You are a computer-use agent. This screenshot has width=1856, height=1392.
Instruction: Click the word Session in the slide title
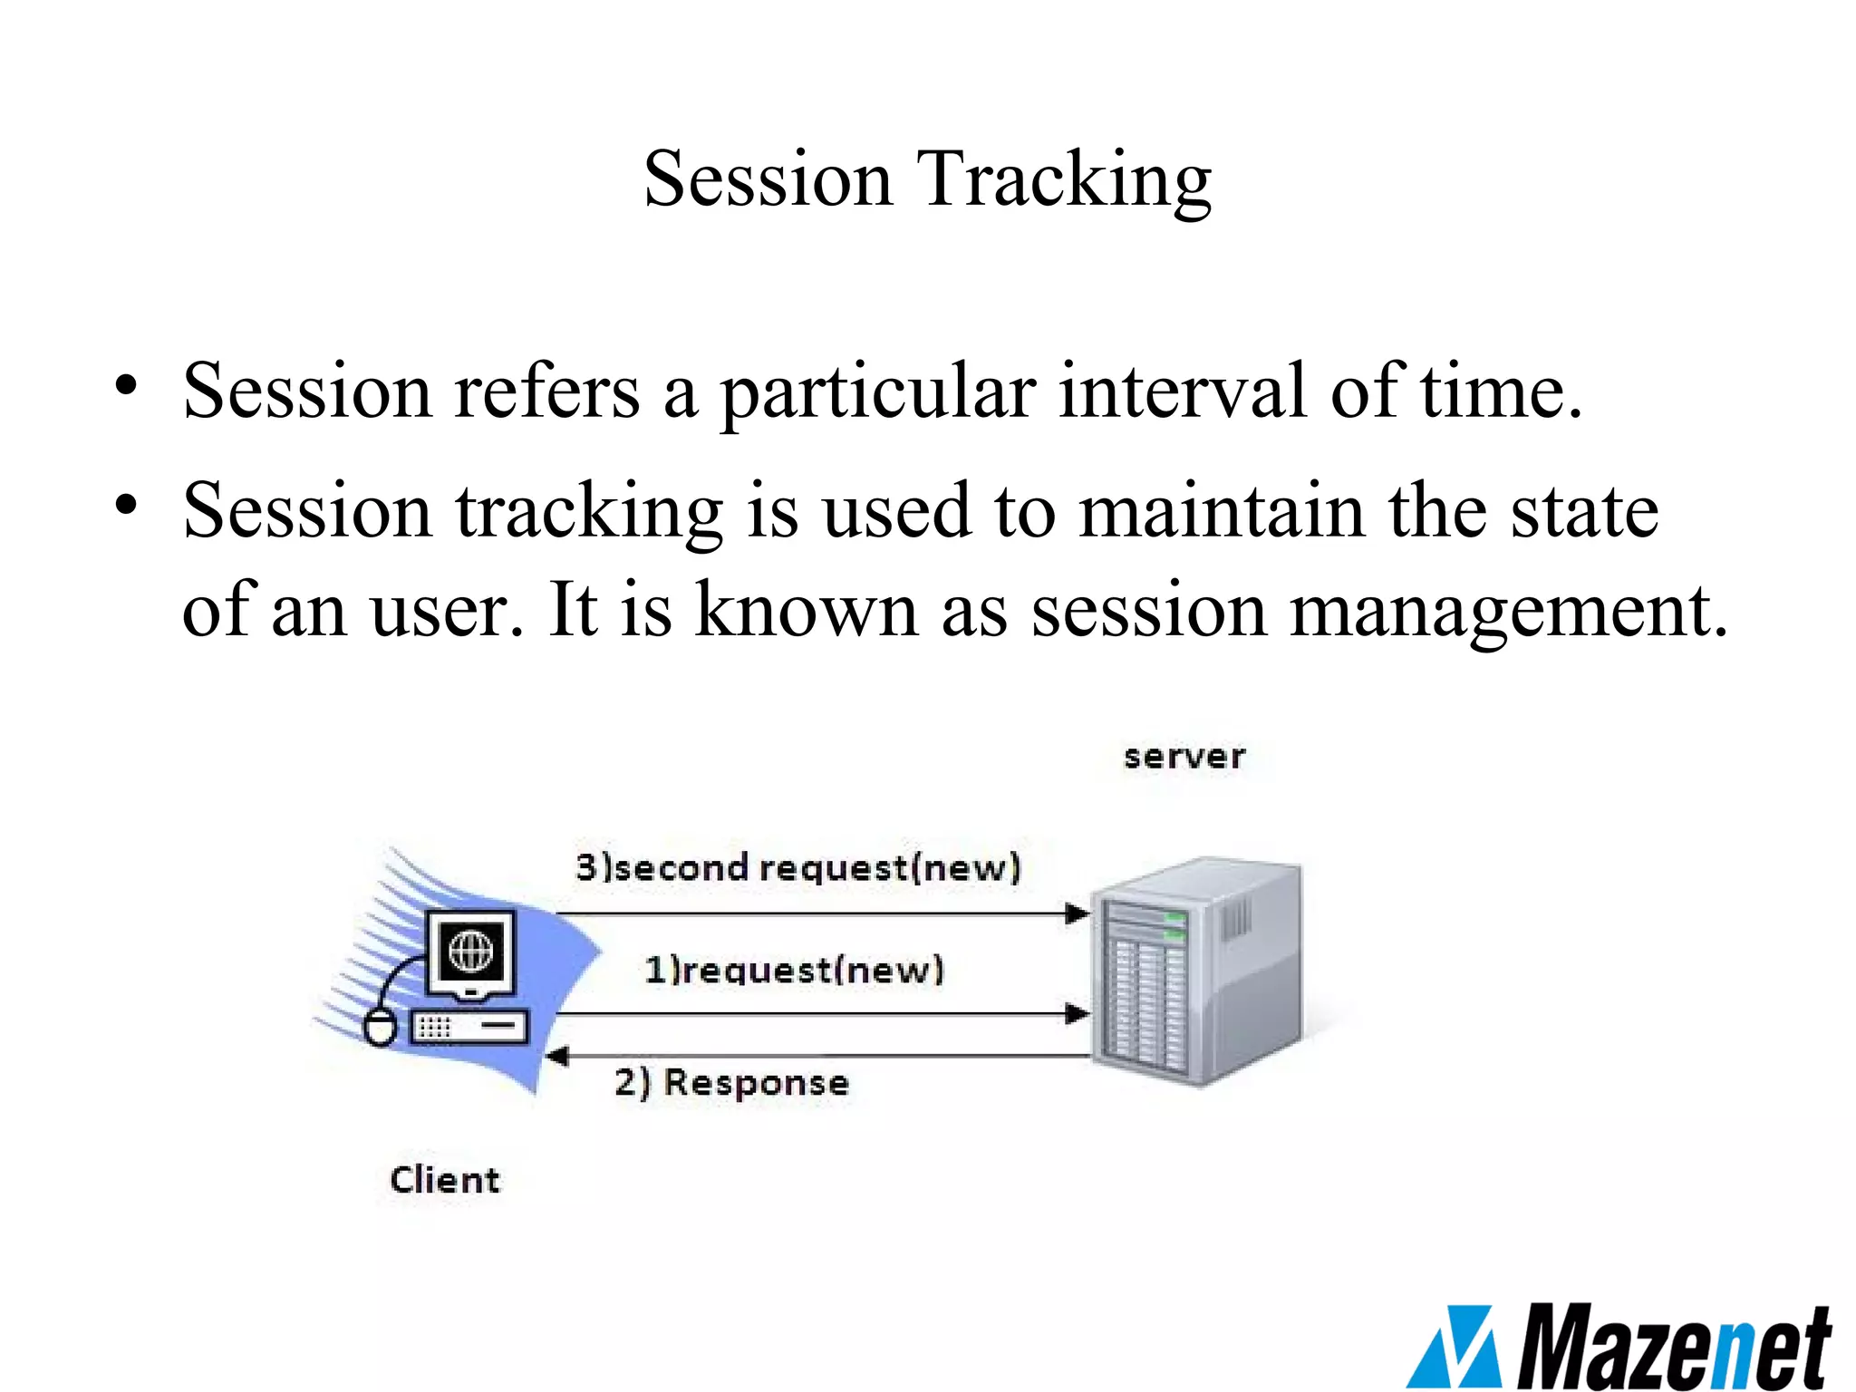tap(768, 179)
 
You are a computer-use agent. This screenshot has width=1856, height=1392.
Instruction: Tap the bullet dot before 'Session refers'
tap(126, 385)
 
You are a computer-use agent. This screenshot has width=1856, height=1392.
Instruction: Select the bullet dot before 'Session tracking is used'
tap(126, 505)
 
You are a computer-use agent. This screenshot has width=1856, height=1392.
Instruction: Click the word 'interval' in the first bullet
tap(1183, 391)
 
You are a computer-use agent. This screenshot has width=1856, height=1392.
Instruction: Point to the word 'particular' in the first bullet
tap(877, 393)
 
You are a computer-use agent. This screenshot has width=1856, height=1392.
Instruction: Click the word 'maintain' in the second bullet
tap(1222, 511)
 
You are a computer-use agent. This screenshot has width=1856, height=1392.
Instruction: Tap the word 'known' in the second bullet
tap(807, 611)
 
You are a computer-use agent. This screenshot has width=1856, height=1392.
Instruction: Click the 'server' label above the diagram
tap(1184, 757)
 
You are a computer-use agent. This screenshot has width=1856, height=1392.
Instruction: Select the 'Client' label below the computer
tap(444, 1180)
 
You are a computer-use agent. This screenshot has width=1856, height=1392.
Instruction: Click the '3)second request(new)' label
tap(798, 867)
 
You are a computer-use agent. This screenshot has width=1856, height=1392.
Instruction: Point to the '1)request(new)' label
tap(794, 970)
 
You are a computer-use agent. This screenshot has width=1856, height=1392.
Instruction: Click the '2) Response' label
tap(731, 1082)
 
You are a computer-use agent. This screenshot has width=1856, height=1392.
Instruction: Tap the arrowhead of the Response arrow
tap(556, 1056)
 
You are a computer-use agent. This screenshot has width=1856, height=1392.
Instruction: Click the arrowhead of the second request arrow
tap(1078, 913)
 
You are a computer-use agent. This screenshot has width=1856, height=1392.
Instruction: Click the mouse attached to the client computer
tap(380, 1028)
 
